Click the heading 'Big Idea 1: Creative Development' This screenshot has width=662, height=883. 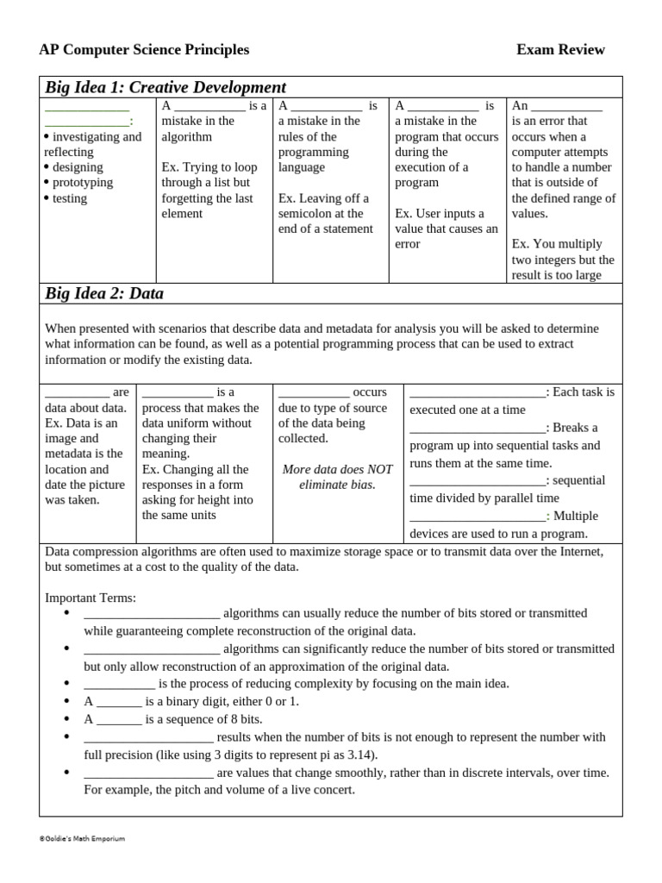click(x=165, y=87)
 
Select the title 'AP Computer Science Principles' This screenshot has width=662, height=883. click(x=144, y=50)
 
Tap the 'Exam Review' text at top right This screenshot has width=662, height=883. click(x=560, y=50)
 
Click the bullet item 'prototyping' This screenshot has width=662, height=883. click(x=83, y=183)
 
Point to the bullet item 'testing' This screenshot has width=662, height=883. click(x=70, y=198)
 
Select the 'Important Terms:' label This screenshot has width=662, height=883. click(x=91, y=598)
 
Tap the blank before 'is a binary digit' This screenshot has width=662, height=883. click(x=119, y=702)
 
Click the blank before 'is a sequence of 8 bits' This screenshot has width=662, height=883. click(x=119, y=719)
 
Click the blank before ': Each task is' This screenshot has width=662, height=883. click(x=478, y=393)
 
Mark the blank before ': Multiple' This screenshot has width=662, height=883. click(x=478, y=517)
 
